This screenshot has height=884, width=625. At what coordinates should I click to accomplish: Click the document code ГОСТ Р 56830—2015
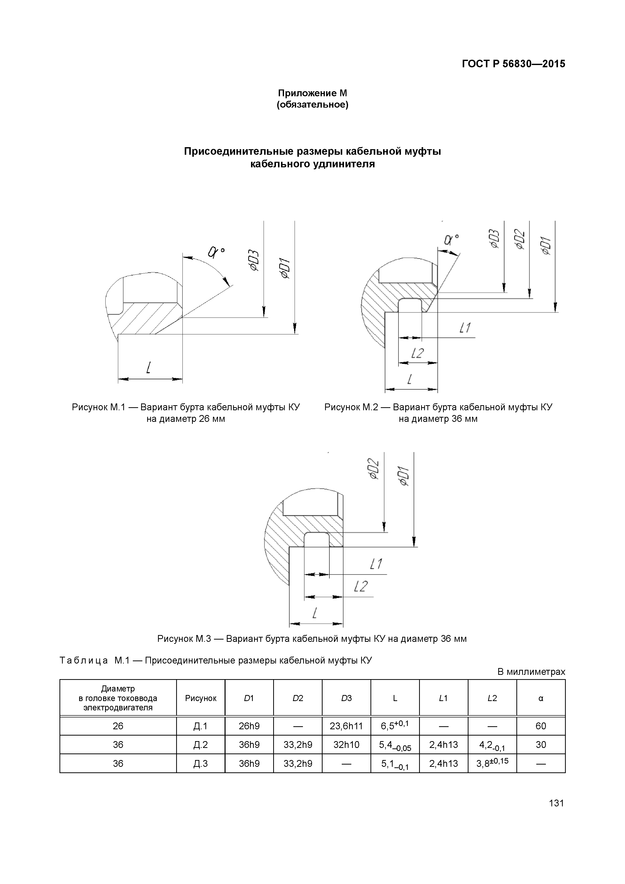(x=514, y=64)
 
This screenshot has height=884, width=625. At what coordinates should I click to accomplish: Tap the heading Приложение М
(x=312, y=93)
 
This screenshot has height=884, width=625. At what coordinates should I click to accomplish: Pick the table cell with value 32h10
(x=346, y=745)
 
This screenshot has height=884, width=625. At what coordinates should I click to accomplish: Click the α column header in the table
(x=541, y=698)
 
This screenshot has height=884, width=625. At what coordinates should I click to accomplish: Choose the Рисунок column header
(x=201, y=698)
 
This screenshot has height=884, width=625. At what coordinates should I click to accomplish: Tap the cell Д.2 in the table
(x=201, y=745)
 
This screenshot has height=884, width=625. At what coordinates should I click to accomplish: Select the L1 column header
(x=443, y=698)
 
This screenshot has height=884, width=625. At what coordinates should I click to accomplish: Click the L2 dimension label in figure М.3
(x=361, y=586)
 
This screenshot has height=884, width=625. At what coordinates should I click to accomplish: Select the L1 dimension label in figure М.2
(x=465, y=328)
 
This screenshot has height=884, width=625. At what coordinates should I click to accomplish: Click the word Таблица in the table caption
(x=84, y=661)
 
